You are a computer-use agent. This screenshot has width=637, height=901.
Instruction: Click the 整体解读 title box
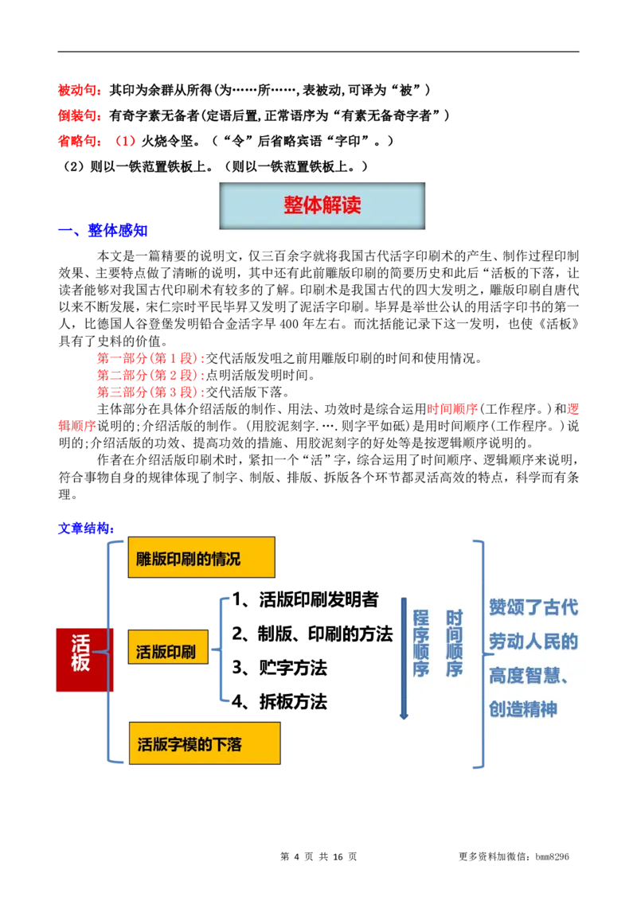[x=322, y=205]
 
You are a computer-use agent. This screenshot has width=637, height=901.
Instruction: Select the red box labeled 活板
[x=80, y=658]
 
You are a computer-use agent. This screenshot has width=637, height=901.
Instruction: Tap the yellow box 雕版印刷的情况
[x=201, y=557]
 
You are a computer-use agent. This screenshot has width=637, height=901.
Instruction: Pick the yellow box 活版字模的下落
[x=204, y=743]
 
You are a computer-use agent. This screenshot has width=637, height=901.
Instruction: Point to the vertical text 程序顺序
[x=421, y=643]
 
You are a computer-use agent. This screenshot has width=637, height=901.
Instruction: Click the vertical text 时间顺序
[x=454, y=643]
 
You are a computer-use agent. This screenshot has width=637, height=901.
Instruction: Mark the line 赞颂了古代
[x=533, y=607]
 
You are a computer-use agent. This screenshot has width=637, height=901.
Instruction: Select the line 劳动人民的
[x=533, y=642]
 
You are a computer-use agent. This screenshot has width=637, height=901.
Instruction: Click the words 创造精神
[x=523, y=709]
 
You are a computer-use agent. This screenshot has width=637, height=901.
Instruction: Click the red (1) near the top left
[x=127, y=140]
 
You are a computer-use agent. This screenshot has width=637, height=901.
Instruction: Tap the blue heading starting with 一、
[x=104, y=231]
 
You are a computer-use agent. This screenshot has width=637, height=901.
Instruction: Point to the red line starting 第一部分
[x=150, y=357]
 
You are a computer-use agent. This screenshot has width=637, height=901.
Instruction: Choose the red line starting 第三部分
[x=150, y=392]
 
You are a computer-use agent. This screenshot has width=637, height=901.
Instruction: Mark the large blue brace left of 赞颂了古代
[x=480, y=653]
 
